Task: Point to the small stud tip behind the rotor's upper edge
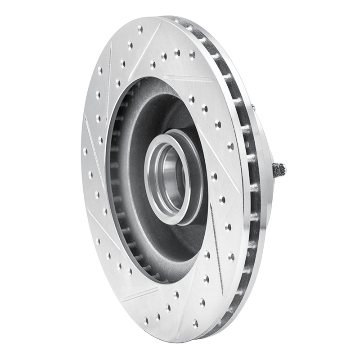pos(255,106)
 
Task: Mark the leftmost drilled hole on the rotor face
pos(85,150)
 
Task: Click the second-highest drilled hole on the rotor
pos(130,45)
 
